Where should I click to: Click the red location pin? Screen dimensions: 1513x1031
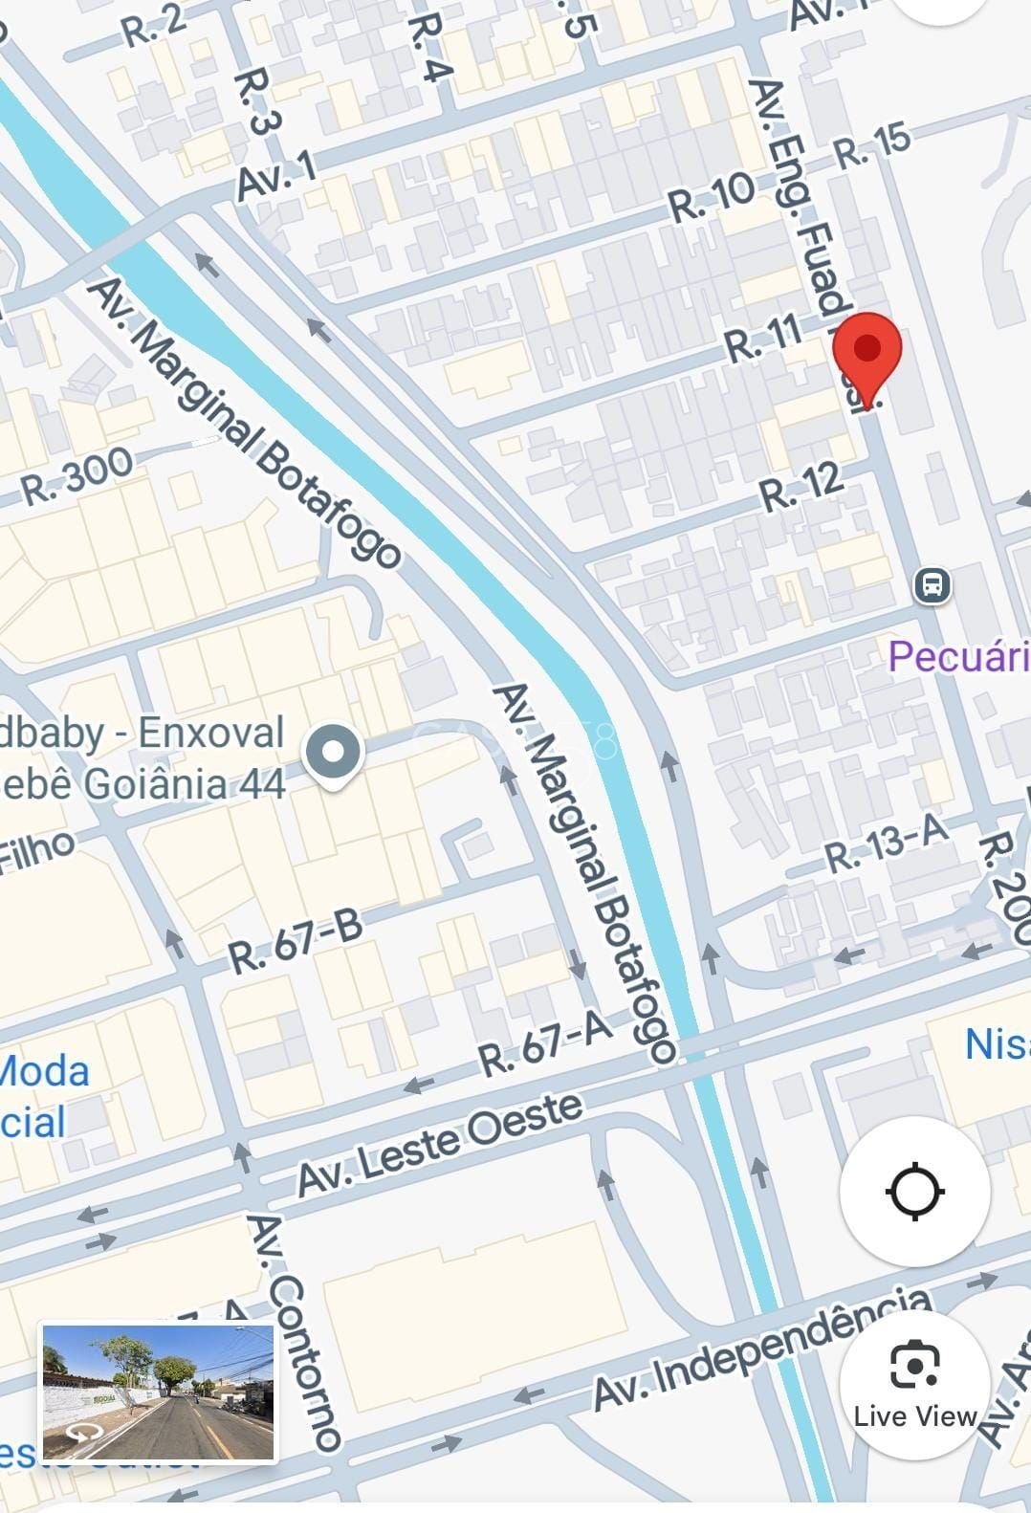[867, 354]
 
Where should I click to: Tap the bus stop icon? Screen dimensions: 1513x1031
[932, 584]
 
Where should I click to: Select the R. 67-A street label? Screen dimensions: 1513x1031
[544, 1043]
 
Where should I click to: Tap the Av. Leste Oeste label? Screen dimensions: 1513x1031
[440, 1143]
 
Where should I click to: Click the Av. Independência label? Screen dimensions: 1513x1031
[761, 1348]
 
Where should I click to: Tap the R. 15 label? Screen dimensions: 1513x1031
[872, 144]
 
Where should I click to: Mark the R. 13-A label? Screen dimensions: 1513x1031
[886, 842]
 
